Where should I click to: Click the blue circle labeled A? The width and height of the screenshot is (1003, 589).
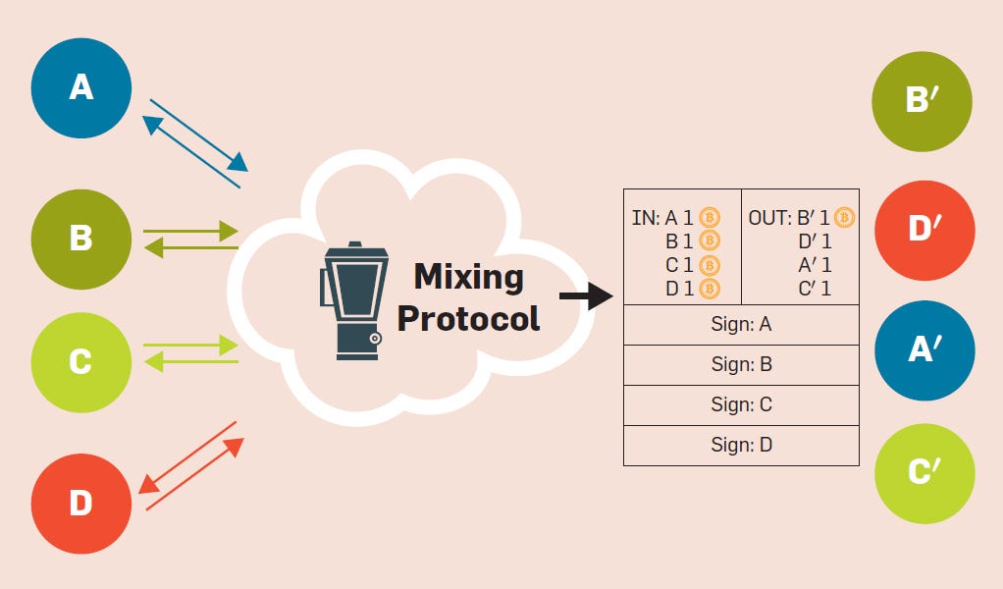coord(80,88)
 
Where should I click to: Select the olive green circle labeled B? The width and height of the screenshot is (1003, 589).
coord(80,239)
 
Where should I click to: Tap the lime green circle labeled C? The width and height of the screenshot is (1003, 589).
coord(80,362)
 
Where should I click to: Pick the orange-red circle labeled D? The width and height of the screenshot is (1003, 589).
coord(80,504)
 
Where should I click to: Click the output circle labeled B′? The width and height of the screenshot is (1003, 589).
coord(922,99)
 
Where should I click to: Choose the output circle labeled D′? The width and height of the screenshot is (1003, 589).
coord(924,231)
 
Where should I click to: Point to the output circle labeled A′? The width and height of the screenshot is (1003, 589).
coord(924,351)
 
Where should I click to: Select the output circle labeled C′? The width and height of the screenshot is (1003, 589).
coord(924,473)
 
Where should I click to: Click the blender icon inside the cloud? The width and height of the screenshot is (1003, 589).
coord(350,299)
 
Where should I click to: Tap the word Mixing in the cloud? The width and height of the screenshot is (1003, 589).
coord(468,277)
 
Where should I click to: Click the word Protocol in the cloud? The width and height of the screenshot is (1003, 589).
coord(468,318)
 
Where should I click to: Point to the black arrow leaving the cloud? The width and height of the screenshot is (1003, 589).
coord(586,294)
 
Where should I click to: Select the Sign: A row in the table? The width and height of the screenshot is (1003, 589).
coord(741,324)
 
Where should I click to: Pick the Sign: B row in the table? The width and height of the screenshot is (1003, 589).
coord(741,364)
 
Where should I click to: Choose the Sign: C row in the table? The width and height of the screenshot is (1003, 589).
coord(741,404)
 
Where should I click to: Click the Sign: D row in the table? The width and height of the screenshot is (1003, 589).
coord(741,445)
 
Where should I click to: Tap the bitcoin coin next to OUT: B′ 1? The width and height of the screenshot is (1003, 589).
coord(845,217)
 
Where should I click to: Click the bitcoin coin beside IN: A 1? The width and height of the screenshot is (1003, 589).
coord(710,217)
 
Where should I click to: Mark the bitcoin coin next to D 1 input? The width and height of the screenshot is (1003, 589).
coord(710,289)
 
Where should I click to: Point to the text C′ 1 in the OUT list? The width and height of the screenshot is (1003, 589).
coord(815,289)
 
